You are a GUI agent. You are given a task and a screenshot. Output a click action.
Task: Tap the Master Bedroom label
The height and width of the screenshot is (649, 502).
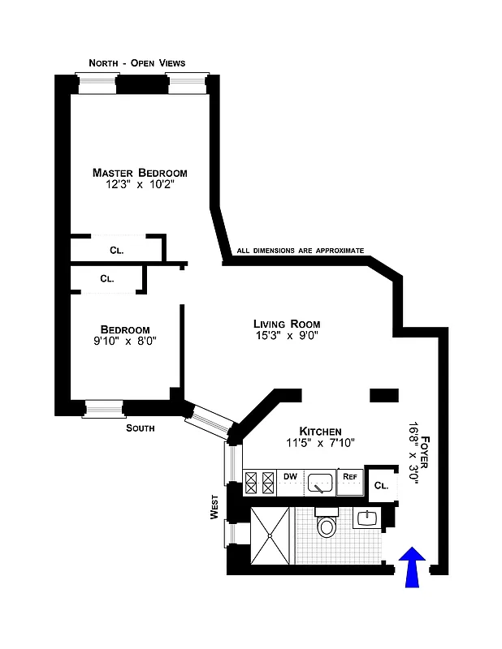pyautogui.click(x=140, y=173)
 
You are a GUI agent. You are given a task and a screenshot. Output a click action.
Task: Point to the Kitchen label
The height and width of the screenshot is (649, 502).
pyautogui.click(x=320, y=431)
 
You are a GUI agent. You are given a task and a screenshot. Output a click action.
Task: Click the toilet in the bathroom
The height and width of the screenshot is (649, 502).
pyautogui.click(x=327, y=526)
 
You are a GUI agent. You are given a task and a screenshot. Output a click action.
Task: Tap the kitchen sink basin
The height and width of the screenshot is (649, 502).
pyautogui.click(x=321, y=483)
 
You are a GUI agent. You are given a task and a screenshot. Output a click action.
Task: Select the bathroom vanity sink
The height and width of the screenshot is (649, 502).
pyautogui.click(x=368, y=517)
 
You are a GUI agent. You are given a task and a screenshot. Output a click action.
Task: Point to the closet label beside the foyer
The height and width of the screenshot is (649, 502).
pyautogui.click(x=381, y=486)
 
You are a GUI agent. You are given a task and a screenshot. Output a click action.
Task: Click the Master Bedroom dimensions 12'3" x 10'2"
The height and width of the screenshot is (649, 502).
pyautogui.click(x=140, y=186)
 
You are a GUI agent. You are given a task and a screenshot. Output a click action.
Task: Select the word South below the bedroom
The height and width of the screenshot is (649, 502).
pyautogui.click(x=140, y=428)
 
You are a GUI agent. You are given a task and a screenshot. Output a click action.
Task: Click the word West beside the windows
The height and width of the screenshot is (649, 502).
pyautogui.click(x=214, y=509)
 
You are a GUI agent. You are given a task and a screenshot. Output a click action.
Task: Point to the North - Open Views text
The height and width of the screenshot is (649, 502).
pyautogui.click(x=136, y=63)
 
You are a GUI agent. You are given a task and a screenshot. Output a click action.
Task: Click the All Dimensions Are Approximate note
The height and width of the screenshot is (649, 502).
pyautogui.click(x=300, y=251)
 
